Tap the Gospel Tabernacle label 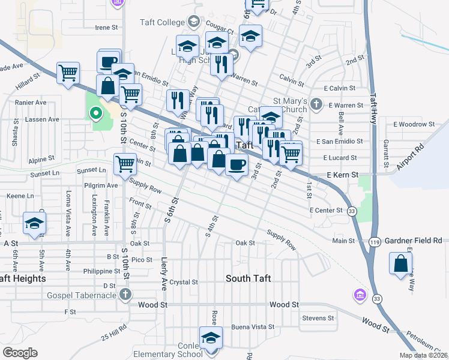point(82,294)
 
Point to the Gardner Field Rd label point(414,240)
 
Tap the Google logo point(20,352)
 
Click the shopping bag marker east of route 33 point(400,263)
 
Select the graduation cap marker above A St point(34,224)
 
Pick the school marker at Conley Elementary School point(210,338)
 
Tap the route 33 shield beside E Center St point(352,211)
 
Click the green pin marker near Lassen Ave point(95,113)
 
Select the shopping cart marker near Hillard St point(68,73)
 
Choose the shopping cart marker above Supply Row point(125,163)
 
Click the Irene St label point(109,27)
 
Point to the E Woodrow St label point(414,124)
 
